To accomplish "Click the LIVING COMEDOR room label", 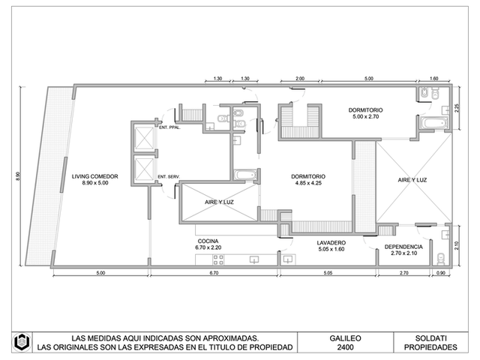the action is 95,180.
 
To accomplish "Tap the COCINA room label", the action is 208,244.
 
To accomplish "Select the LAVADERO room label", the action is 331,246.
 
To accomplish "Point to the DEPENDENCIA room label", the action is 403,250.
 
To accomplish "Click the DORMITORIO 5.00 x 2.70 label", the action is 365,113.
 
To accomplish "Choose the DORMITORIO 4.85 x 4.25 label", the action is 308,180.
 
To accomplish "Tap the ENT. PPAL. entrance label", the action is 169,127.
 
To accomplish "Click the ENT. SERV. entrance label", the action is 169,177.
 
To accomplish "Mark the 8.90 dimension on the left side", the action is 18,176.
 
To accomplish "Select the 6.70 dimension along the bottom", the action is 214,273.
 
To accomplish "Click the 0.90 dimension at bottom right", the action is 441,273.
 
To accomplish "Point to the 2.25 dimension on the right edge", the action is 457,108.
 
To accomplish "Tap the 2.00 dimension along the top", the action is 300,78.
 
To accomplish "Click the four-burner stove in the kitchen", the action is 218,260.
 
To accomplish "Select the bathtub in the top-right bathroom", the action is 434,123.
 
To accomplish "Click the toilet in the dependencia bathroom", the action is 440,259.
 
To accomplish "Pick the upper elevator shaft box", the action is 144,138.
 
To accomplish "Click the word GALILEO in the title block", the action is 345,338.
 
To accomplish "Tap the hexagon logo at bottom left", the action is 22,342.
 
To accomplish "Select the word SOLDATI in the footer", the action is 430,338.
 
